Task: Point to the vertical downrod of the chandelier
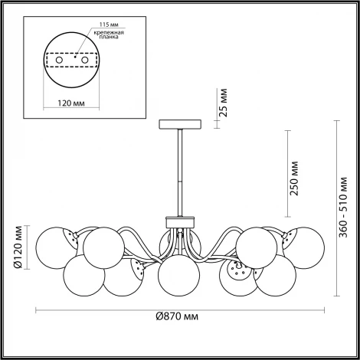[179, 172]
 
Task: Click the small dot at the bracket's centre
[74, 57]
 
